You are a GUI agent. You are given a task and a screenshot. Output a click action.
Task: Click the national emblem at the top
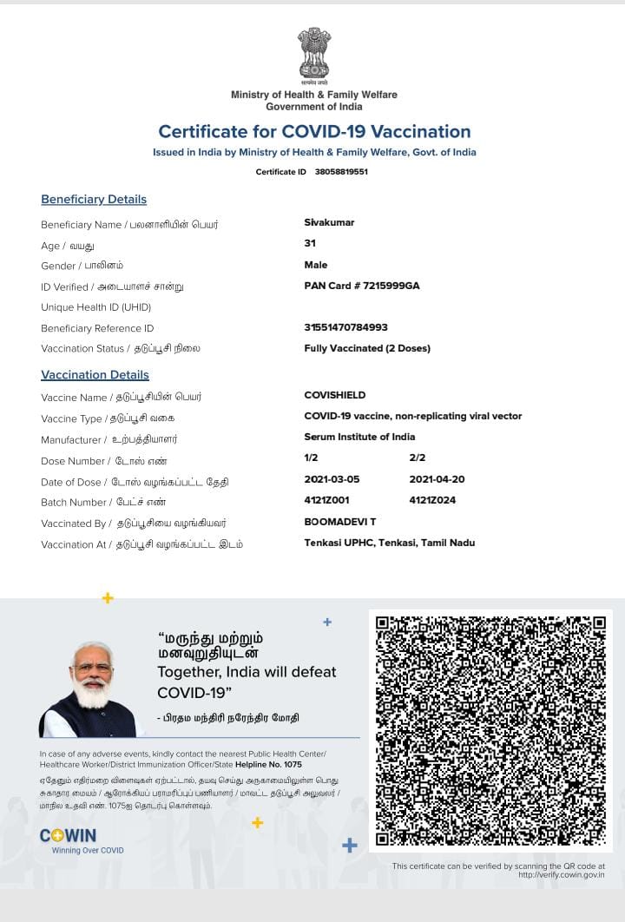(x=313, y=54)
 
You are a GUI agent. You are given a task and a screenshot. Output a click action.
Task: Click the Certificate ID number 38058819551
(x=341, y=172)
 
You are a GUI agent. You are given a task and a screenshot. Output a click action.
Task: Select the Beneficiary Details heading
(x=94, y=200)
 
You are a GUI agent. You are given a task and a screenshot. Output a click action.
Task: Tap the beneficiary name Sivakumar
(x=329, y=222)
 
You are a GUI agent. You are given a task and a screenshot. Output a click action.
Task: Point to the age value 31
(x=310, y=243)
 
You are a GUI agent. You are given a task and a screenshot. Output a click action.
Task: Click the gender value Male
(x=316, y=265)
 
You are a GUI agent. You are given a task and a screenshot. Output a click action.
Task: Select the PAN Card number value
(x=362, y=286)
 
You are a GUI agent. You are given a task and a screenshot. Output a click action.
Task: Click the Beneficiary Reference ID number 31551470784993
(x=345, y=327)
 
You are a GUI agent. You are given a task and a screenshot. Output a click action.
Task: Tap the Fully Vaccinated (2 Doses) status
(x=367, y=348)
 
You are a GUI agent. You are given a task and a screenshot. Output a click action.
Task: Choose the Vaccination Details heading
(x=95, y=375)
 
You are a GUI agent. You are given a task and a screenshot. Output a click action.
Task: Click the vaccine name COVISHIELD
(x=335, y=395)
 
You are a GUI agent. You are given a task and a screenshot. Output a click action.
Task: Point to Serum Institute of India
(x=359, y=437)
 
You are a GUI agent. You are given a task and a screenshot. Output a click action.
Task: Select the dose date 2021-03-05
(x=332, y=479)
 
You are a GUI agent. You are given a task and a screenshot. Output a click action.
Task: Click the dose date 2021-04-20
(x=437, y=479)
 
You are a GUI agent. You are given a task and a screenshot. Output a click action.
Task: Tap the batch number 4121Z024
(x=432, y=500)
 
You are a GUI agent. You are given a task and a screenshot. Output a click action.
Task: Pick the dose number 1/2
(x=312, y=458)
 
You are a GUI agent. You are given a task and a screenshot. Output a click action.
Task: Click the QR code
(x=490, y=731)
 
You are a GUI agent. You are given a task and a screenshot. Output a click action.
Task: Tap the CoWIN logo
(x=69, y=836)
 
